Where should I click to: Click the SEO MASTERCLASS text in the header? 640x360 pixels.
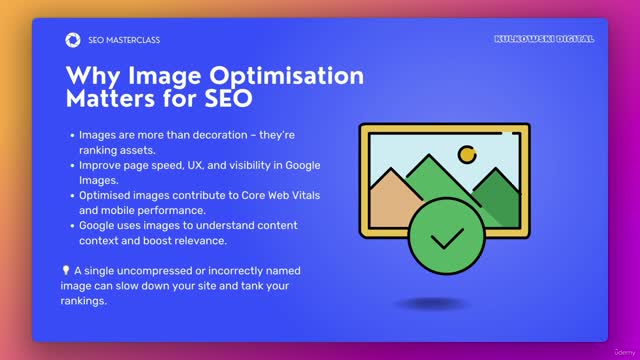[124, 40]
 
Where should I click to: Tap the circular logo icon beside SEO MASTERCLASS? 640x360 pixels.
[73, 40]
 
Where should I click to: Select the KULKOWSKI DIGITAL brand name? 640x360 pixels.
[544, 39]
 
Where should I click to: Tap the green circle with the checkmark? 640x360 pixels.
[446, 238]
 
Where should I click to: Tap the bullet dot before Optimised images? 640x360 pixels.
[71, 195]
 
